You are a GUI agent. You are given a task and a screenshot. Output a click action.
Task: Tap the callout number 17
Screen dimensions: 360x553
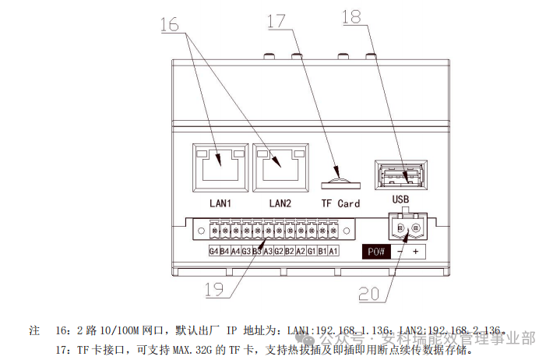click(x=277, y=21)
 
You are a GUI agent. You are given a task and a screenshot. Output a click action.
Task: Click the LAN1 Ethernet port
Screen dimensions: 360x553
click(x=221, y=165)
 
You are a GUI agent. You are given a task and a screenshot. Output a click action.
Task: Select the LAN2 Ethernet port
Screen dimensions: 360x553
click(x=280, y=165)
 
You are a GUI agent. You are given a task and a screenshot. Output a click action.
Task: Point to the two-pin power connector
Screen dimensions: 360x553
click(x=406, y=228)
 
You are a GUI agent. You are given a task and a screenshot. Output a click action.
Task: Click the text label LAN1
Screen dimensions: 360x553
click(x=221, y=203)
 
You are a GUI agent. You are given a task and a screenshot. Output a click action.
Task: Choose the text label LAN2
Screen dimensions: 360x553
click(x=280, y=203)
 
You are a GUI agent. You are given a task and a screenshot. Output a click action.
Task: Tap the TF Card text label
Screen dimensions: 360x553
click(x=340, y=203)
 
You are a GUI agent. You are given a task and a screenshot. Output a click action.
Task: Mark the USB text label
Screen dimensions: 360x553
click(x=400, y=199)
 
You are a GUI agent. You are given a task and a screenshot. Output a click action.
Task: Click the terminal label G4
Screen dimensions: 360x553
click(x=213, y=251)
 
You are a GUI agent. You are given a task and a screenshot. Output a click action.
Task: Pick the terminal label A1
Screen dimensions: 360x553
click(x=333, y=251)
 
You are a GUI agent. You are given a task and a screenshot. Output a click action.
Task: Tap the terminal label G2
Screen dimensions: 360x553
click(x=279, y=251)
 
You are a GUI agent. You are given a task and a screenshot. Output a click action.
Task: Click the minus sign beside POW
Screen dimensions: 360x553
click(x=398, y=252)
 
